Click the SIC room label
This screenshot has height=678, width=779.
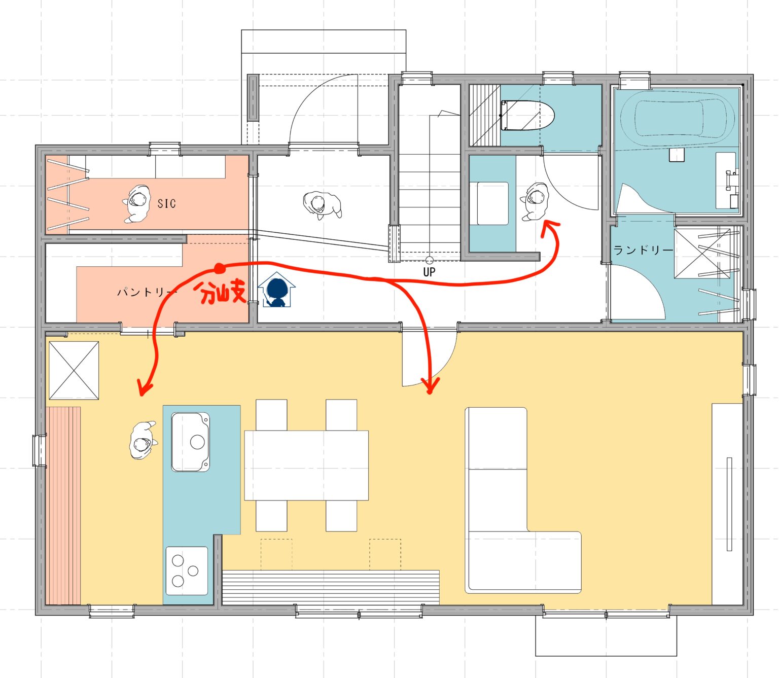(x=166, y=203)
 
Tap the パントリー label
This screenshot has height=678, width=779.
(x=147, y=292)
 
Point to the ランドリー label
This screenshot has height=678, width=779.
(x=643, y=249)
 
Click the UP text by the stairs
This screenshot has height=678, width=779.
(x=429, y=272)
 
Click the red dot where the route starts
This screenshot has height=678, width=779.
(x=219, y=269)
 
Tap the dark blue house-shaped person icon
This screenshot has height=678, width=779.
(x=277, y=290)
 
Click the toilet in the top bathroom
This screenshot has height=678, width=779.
(x=527, y=115)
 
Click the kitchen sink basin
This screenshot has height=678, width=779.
(x=190, y=442)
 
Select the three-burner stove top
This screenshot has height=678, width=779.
(x=187, y=571)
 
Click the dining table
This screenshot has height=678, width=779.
(x=306, y=465)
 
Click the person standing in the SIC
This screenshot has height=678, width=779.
(x=136, y=204)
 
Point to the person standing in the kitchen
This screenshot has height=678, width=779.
(x=143, y=440)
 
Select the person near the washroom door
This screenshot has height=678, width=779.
(x=535, y=201)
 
